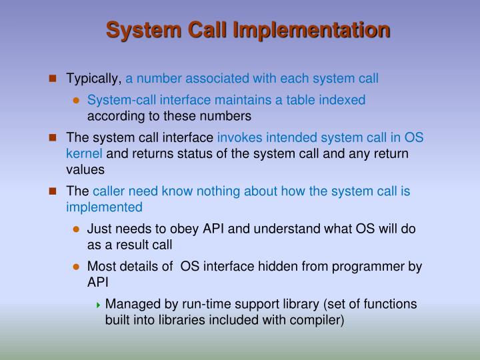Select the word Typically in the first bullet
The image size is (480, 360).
(x=93, y=79)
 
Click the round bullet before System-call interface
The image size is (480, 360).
(x=76, y=101)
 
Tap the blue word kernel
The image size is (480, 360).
(x=85, y=154)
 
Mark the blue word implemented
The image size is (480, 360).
(x=104, y=207)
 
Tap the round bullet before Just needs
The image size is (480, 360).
(x=76, y=229)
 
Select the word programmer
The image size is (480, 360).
(x=362, y=266)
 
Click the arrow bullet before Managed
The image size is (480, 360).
(x=99, y=305)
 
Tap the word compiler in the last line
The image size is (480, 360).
(x=318, y=320)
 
